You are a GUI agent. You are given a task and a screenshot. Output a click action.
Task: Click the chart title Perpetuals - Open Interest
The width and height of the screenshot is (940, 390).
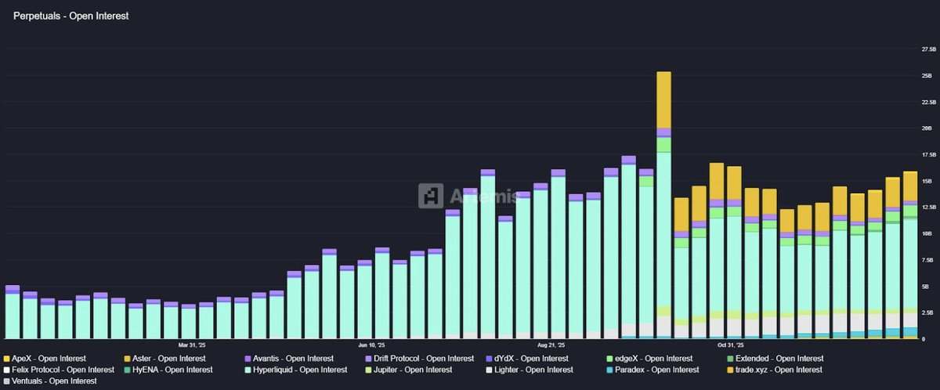point(70,16)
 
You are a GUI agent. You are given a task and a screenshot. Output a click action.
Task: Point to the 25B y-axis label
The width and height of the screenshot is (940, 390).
point(927,75)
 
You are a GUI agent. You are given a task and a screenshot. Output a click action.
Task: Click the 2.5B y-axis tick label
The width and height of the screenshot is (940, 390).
point(927,312)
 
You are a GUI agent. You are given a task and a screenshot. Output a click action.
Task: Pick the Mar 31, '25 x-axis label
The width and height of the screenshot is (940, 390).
point(192,345)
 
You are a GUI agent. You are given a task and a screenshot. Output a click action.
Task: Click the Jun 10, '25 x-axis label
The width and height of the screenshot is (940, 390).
point(373,345)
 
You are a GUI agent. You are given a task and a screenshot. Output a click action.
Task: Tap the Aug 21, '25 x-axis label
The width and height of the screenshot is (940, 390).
point(551,345)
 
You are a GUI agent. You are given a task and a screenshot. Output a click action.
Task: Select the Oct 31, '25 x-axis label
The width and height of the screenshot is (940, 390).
point(730,345)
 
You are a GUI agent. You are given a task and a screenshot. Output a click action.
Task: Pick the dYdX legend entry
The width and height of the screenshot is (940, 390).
point(530,359)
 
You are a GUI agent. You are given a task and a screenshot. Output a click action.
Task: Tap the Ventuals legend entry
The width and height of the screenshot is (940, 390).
point(50,381)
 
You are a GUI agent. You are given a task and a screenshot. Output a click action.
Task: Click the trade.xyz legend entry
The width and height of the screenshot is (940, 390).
point(779,370)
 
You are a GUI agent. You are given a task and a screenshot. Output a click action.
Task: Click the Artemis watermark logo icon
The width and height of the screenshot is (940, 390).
point(431,196)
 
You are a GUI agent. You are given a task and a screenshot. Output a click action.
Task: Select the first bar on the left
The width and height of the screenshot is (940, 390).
point(12,313)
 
